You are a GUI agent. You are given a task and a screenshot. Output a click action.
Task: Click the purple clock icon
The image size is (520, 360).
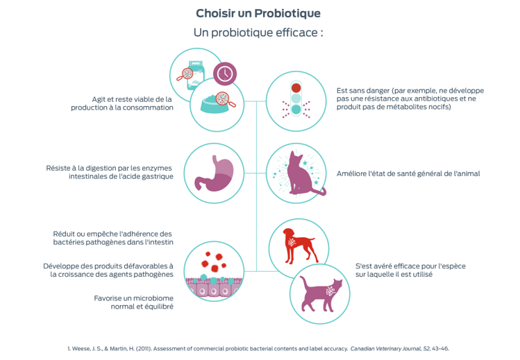224,71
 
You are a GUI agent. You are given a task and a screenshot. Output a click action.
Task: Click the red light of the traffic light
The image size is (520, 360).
296,87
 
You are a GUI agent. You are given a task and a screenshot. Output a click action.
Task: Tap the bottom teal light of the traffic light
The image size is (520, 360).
296,110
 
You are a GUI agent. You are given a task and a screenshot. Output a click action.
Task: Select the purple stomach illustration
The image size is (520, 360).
213,173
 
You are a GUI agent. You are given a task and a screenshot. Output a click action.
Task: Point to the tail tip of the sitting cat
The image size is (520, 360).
321,192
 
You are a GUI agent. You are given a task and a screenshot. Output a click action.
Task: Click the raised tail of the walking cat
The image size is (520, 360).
338,284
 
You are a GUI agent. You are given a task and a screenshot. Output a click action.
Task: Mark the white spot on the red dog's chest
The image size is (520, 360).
294,241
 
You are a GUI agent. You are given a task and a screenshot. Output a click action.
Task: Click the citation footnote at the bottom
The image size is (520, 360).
260,347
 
